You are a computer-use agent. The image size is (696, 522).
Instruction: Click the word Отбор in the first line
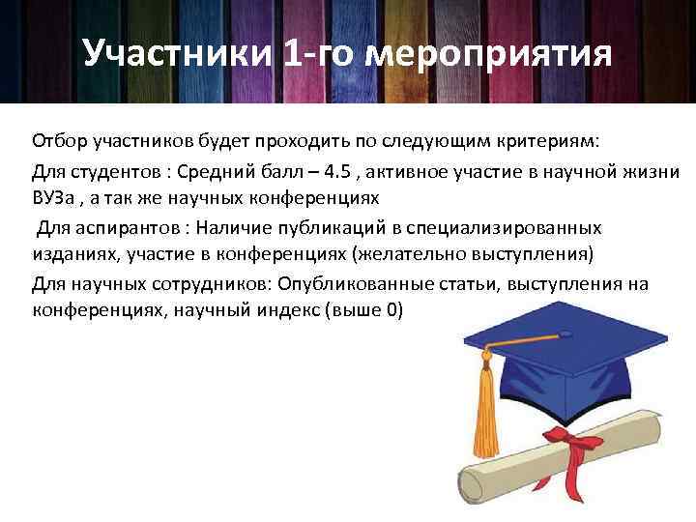pyautogui.click(x=57, y=143)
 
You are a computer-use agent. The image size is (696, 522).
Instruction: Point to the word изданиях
pyautogui.click(x=70, y=256)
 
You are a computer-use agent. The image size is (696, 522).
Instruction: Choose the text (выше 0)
pyautogui.click(x=366, y=312)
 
